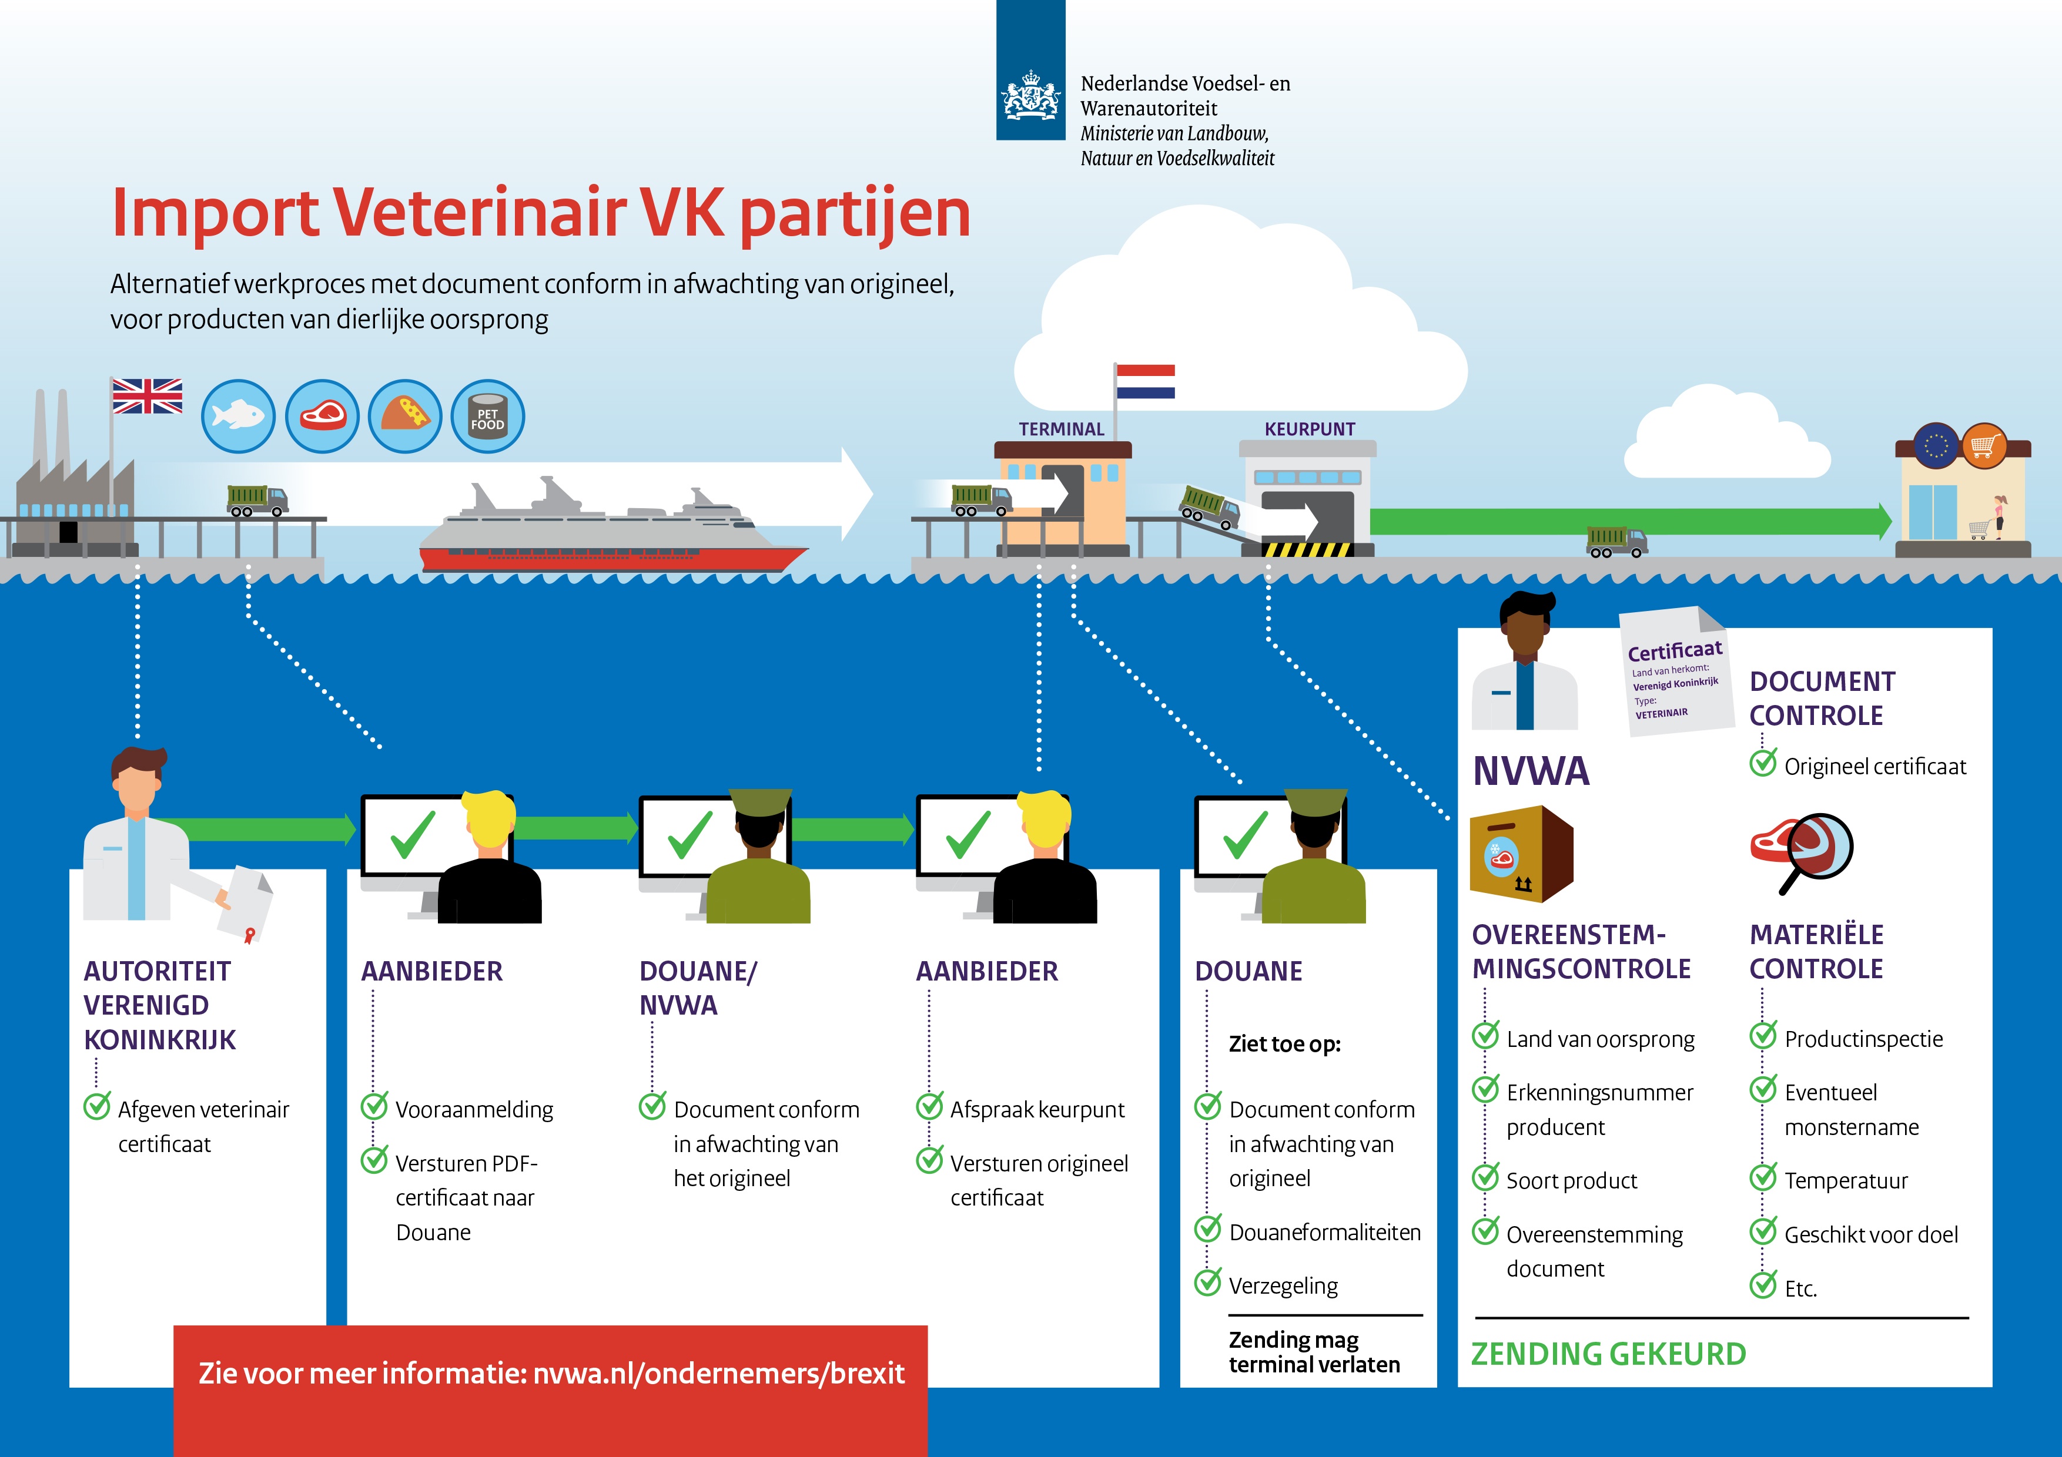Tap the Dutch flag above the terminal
click(1145, 381)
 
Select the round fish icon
click(238, 415)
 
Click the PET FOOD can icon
click(488, 415)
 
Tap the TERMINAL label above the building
click(1062, 429)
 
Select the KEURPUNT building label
click(1310, 429)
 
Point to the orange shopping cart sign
click(1984, 445)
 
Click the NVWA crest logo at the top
click(1030, 95)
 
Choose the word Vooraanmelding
click(474, 1110)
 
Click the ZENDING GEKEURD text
click(1608, 1354)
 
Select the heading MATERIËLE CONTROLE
click(1816, 952)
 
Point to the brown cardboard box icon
click(1521, 854)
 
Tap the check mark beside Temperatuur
click(1763, 1177)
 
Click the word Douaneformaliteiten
click(1325, 1233)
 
